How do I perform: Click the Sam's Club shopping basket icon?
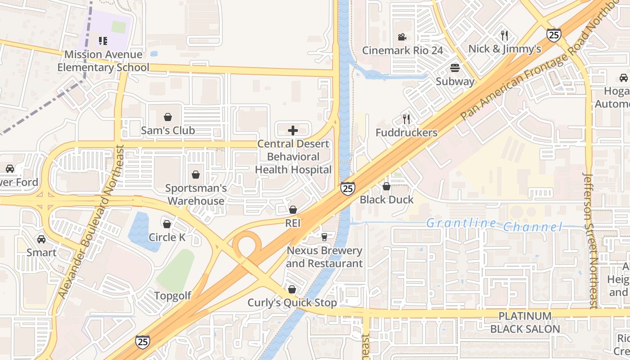coord(168,117)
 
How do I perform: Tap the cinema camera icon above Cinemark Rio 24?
coord(402,37)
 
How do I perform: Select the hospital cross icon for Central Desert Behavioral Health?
coord(293,131)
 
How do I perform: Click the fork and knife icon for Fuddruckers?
coord(406,119)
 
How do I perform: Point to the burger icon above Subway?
coord(455,68)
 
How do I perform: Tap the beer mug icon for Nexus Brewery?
coord(324,237)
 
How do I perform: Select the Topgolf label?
coord(172,296)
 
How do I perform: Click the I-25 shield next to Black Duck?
coord(347,188)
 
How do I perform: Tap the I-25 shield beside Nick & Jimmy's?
coord(553,35)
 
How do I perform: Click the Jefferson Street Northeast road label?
coord(590,241)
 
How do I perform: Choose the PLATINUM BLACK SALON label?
coord(525,323)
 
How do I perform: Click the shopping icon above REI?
coord(293,210)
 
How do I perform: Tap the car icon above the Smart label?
coord(41,239)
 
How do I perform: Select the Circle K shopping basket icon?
coord(167,224)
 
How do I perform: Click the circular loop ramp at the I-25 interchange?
coord(247,245)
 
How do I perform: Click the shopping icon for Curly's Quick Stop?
coord(292,289)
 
